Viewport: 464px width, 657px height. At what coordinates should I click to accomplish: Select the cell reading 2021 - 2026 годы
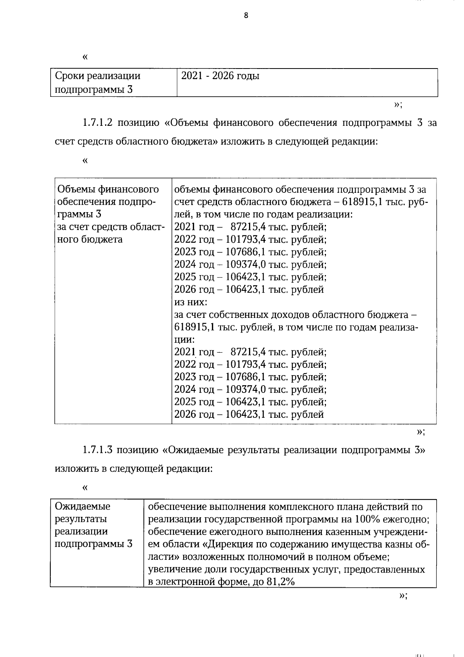point(220,76)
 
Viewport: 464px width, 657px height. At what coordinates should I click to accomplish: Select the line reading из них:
point(191,302)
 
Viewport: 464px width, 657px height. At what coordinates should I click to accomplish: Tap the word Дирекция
point(229,544)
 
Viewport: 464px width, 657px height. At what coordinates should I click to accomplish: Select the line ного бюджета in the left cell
point(90,240)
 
